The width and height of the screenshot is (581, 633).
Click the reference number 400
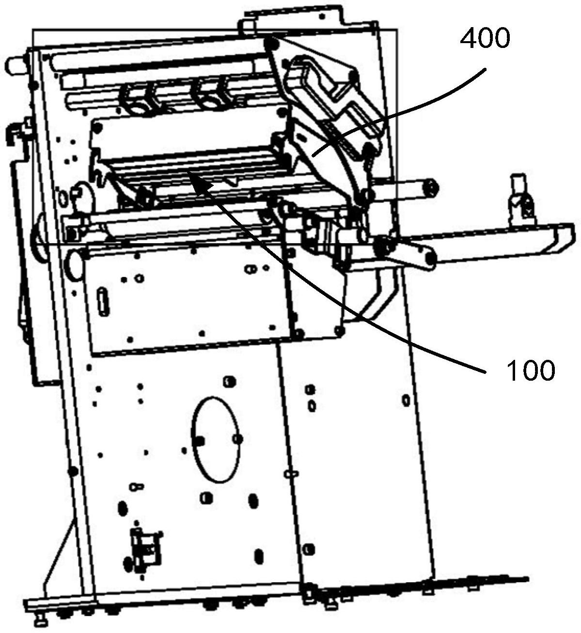(x=485, y=39)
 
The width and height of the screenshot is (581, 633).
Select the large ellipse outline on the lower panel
(x=217, y=440)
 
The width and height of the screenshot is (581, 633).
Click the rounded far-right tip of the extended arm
(x=562, y=237)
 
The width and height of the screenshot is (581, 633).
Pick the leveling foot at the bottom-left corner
(x=41, y=618)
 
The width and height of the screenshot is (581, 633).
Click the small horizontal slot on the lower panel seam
(x=291, y=474)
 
